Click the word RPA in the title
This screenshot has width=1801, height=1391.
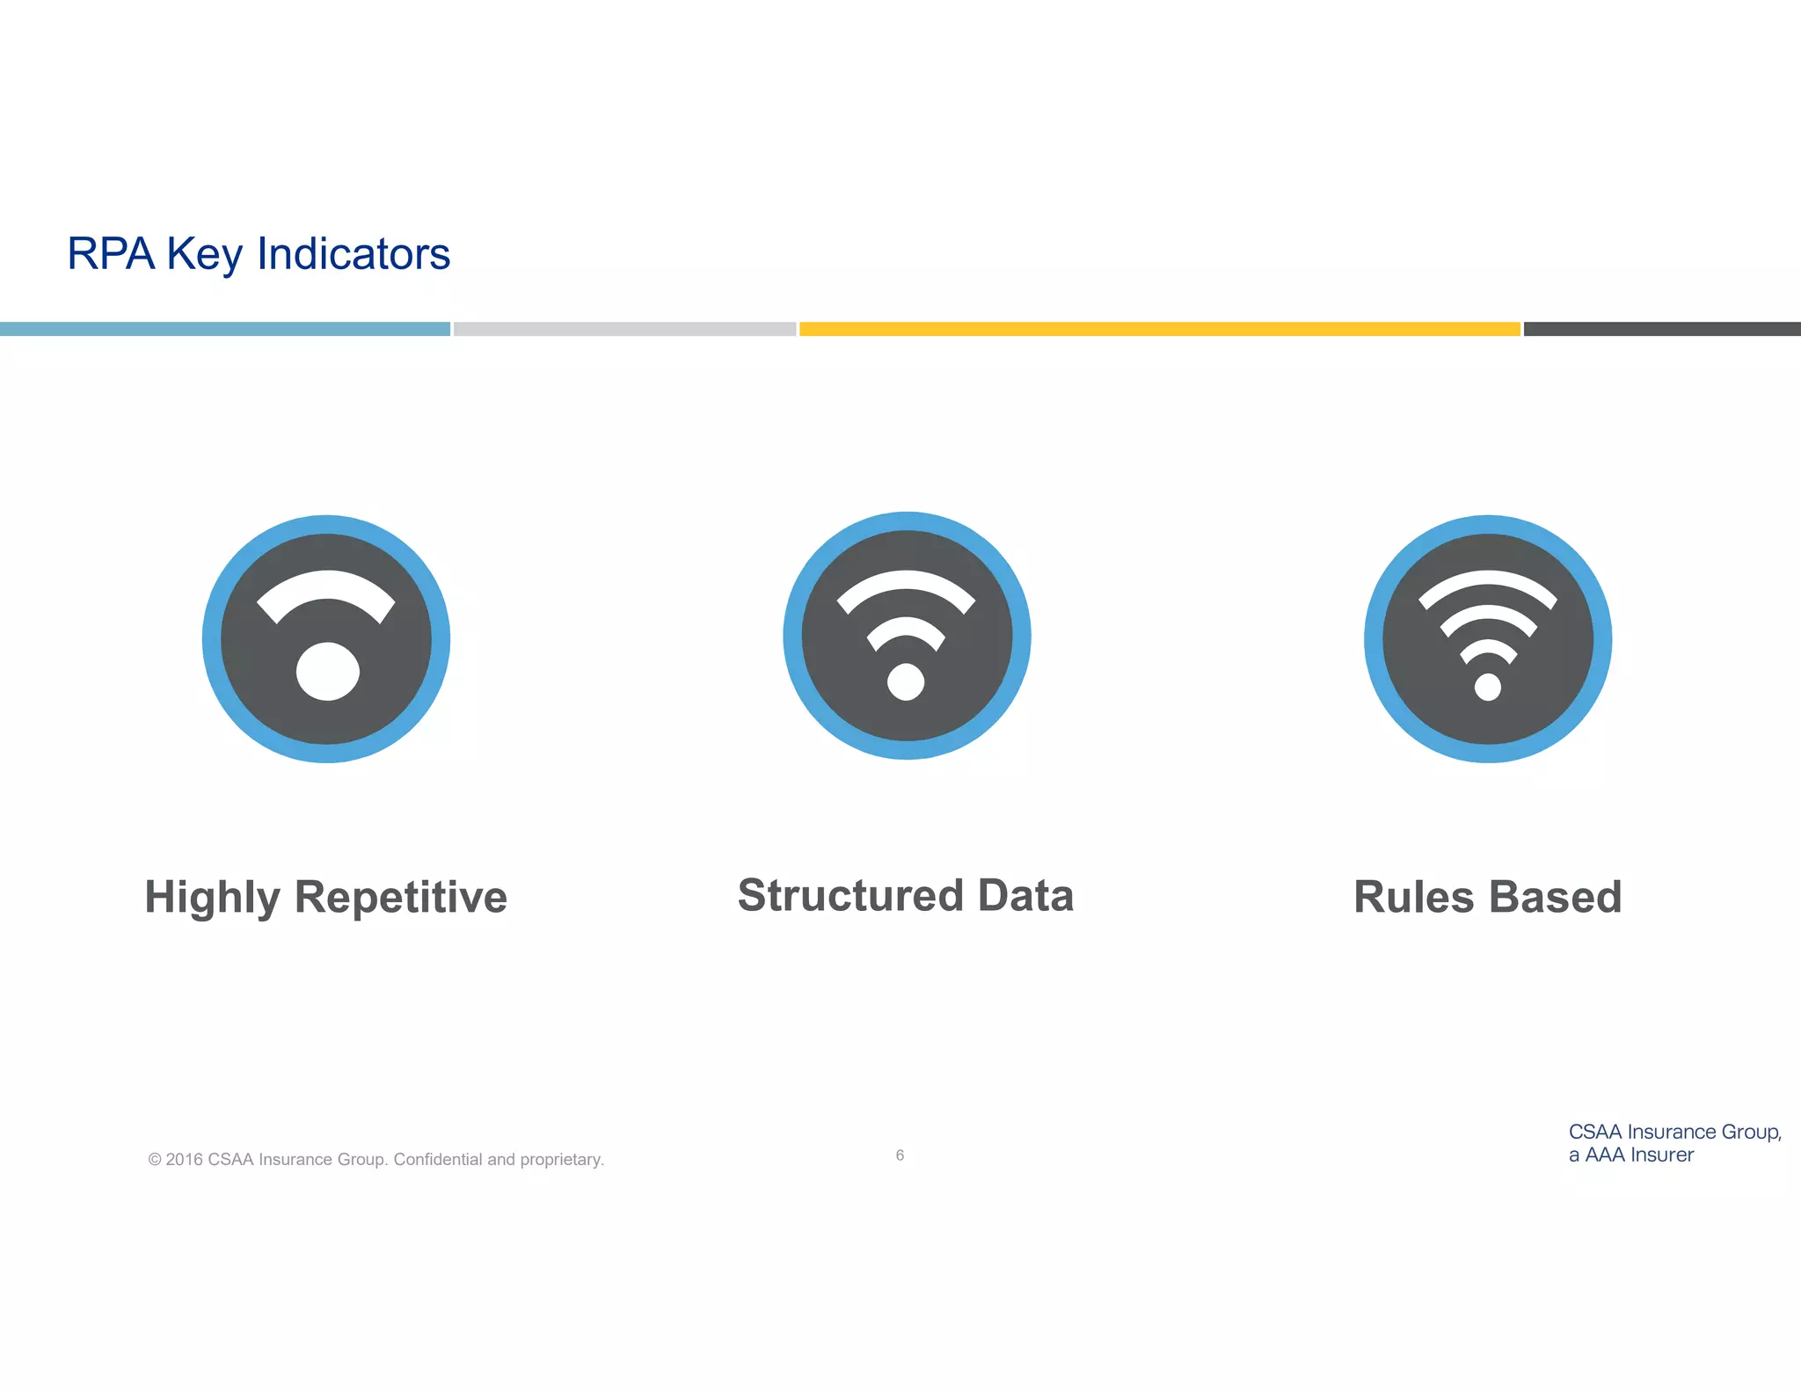click(x=111, y=254)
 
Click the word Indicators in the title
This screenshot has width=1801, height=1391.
click(x=354, y=254)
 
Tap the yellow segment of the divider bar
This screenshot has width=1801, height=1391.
click(x=1159, y=329)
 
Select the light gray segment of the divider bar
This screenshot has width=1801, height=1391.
click(x=624, y=329)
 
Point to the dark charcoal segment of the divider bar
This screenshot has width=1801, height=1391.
click(x=1661, y=329)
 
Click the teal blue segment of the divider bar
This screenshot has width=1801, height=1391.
click(x=224, y=329)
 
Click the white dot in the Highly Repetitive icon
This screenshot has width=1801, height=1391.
click(x=327, y=672)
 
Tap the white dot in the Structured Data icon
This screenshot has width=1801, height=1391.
click(x=906, y=681)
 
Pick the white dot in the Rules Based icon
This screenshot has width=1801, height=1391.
click(x=1487, y=687)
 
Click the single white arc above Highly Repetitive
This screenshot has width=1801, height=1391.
click(x=326, y=586)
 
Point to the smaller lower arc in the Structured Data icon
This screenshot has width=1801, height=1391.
click(x=906, y=628)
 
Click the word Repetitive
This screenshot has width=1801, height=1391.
click(x=400, y=898)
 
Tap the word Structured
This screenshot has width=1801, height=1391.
click(x=850, y=896)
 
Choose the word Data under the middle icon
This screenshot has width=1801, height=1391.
click(x=1025, y=896)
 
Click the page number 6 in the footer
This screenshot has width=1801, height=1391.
click(x=900, y=1155)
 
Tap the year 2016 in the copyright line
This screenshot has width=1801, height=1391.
click(x=185, y=1160)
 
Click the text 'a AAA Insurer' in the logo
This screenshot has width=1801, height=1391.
click(x=1630, y=1155)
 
